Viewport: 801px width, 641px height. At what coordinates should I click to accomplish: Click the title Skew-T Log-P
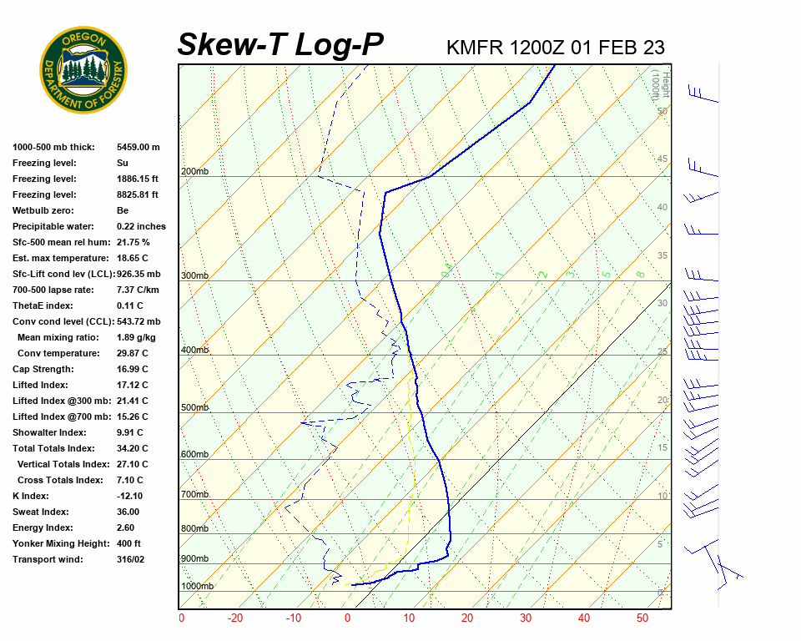coord(280,44)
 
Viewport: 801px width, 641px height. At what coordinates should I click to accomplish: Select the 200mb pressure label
coord(194,172)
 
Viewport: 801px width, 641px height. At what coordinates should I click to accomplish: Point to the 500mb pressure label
coord(194,408)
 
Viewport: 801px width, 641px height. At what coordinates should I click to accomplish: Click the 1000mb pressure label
coord(198,587)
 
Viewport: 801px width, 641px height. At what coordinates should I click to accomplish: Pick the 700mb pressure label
coord(194,495)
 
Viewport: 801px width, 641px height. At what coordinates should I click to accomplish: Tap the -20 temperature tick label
coord(235,618)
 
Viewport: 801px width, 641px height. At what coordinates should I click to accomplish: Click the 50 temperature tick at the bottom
coord(642,618)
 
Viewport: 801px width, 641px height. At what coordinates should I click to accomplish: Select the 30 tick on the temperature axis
coord(526,618)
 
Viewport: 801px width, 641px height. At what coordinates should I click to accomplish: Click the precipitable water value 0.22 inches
coord(141,226)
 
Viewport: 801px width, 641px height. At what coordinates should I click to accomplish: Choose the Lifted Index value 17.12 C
coord(133,385)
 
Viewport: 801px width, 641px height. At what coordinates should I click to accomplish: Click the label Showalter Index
coord(49,432)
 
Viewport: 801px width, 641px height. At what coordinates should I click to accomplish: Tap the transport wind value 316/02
coord(131,559)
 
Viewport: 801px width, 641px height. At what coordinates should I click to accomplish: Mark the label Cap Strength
coord(43,369)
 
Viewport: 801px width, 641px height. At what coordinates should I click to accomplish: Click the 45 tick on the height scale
coord(662,159)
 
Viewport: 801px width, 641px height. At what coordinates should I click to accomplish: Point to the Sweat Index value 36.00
coord(128,512)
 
